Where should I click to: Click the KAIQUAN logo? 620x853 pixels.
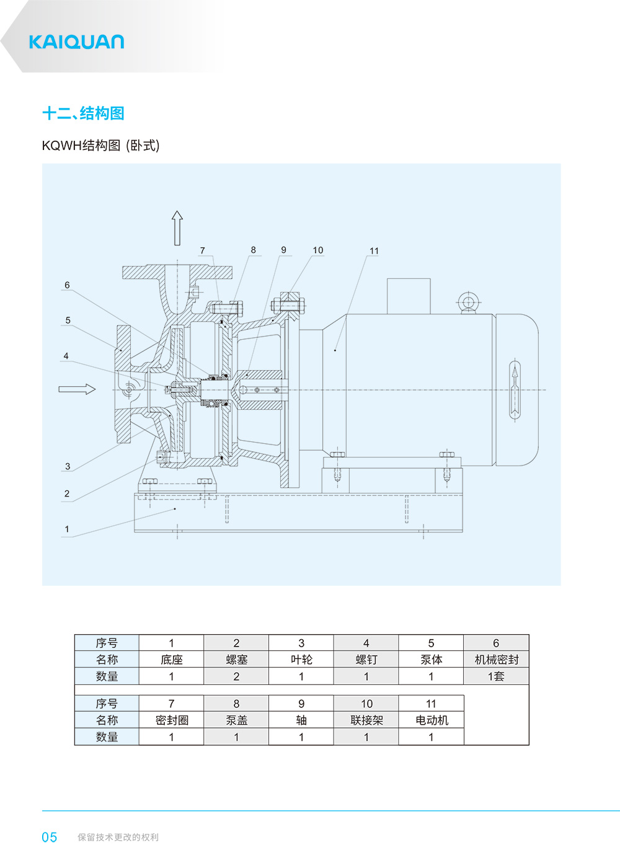(76, 42)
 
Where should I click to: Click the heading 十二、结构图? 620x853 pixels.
(83, 113)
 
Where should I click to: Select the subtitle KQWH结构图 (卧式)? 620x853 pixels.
(100, 146)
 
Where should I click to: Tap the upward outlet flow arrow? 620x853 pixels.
(177, 228)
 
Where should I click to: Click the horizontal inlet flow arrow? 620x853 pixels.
(77, 389)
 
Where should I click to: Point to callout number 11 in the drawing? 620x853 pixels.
(374, 251)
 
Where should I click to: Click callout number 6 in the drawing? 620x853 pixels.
(67, 285)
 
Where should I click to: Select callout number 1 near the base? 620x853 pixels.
(67, 529)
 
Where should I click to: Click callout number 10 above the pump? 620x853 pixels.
(317, 250)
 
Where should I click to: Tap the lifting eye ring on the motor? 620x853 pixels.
(468, 303)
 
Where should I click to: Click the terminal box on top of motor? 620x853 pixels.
(409, 296)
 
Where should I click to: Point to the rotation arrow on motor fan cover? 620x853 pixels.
(514, 390)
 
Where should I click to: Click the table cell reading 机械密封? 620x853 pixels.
(496, 660)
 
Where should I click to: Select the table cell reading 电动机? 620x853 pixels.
(432, 720)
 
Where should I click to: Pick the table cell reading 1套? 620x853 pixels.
(496, 676)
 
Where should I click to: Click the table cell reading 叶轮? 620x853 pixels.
(301, 660)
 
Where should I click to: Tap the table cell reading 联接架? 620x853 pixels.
(366, 720)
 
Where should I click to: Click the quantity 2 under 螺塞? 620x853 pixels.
(236, 676)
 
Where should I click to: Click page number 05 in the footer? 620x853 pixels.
(50, 838)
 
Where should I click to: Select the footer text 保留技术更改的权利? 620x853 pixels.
(118, 838)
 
